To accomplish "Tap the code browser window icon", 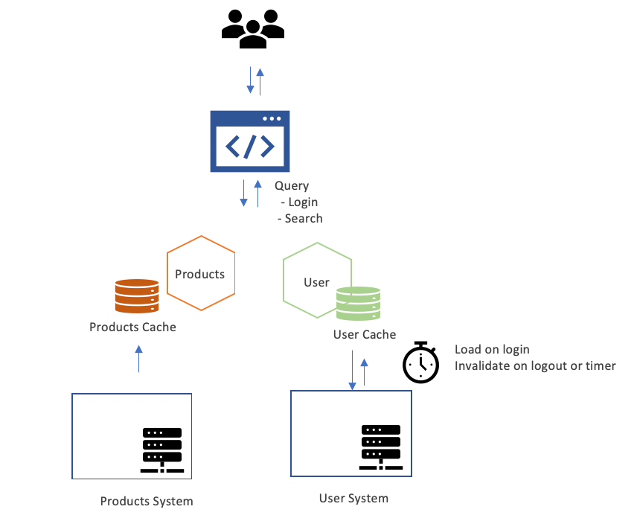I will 250,141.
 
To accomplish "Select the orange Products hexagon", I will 200,273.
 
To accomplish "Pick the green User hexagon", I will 316,283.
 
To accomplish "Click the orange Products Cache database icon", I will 137,296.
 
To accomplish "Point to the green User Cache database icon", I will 358,304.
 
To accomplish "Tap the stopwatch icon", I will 421,362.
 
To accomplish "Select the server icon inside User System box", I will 380,447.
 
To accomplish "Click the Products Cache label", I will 132,327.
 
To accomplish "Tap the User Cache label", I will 365,335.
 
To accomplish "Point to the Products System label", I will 147,501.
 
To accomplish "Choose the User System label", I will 353,499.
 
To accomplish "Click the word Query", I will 292,186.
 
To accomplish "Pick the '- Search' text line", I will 300,219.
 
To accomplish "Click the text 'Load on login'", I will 492,350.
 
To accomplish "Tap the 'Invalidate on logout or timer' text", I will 535,366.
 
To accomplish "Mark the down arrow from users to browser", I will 250,80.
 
